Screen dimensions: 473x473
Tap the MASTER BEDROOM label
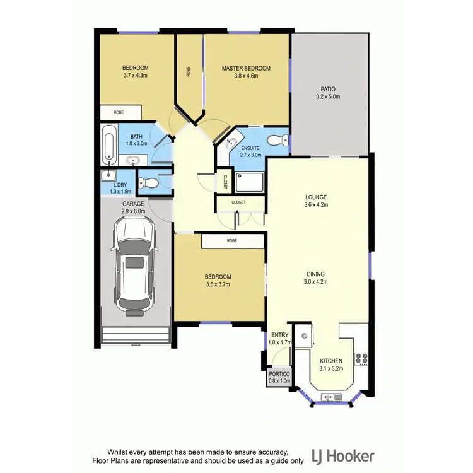246,68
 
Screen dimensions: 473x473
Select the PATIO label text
328,89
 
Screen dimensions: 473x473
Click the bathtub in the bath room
108,144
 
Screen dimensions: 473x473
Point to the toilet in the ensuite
275,140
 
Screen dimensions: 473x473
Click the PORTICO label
279,373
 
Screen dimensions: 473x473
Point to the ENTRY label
278,335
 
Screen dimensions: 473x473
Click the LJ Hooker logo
344,456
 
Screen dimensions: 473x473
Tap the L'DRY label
120,184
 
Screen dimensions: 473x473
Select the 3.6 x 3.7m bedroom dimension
218,285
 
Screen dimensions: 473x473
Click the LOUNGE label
315,197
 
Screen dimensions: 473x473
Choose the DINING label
315,274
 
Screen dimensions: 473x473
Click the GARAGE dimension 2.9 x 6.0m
133,212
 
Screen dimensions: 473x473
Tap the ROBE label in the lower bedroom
233,241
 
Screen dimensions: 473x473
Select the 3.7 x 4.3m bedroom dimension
135,76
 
